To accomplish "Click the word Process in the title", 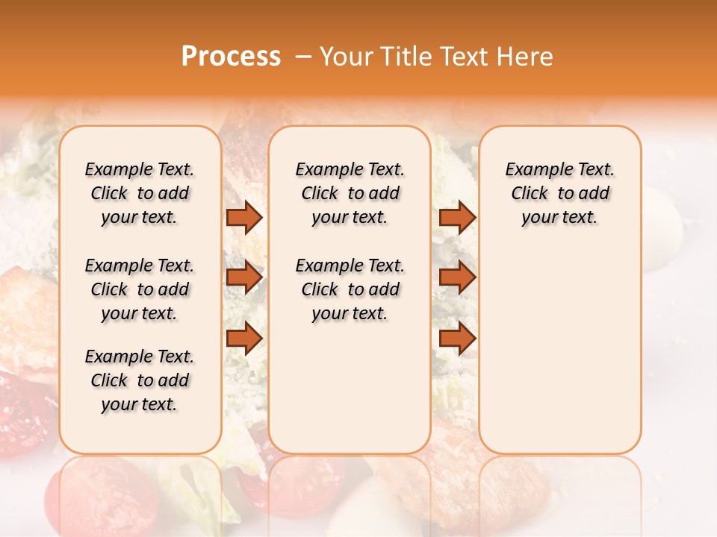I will pos(231,57).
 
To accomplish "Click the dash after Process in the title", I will pos(302,57).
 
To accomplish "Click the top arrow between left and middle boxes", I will pos(243,217).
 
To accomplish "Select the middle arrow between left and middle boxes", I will pos(243,277).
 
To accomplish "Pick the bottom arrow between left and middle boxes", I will pos(243,338).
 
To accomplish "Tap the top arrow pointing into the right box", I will pos(457,217).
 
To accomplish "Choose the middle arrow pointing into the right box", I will pos(457,277).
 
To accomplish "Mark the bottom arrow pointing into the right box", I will pos(457,338).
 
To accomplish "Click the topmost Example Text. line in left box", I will pos(140,169).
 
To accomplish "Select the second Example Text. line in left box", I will pos(140,266).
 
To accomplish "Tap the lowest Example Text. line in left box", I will pos(140,357).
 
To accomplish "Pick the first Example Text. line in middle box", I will pos(350,169).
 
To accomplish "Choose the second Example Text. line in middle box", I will pos(350,266).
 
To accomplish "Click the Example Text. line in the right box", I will pos(559,169).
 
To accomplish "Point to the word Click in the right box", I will pos(530,193).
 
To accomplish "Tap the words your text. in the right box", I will pos(559,218).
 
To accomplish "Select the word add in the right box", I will pos(595,193).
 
